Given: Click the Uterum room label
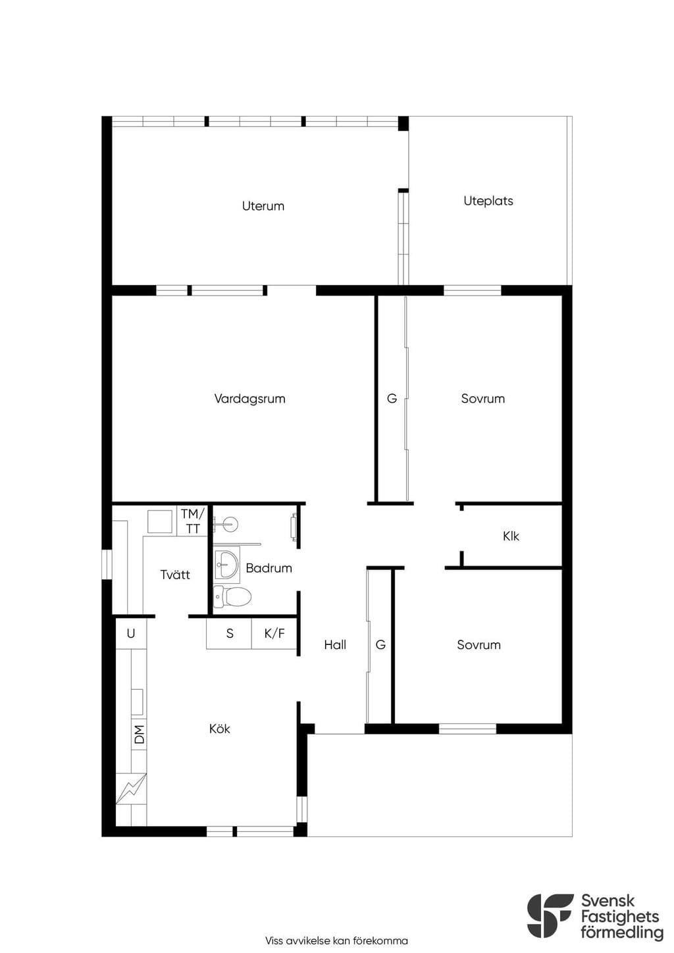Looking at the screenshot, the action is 263,206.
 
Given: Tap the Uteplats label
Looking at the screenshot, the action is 488,201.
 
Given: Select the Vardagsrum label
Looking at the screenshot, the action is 249,399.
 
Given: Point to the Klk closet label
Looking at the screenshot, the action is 511,536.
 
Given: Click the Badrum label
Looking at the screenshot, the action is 269,568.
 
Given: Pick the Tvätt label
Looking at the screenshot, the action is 175,575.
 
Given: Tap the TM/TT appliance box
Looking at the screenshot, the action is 192,521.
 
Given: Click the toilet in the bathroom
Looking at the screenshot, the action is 232,596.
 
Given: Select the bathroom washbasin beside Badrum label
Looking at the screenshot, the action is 226,564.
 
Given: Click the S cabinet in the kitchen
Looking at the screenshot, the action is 229,634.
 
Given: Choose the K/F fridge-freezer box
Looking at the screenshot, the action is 274,634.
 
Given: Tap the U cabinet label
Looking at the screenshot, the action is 130,634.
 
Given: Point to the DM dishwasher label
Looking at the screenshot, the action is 140,734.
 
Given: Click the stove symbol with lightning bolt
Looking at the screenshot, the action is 131,788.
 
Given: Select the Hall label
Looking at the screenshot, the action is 335,645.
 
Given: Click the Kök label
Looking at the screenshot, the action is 220,729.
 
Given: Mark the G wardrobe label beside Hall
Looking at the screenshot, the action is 380,645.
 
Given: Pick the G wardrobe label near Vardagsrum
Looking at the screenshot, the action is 392,399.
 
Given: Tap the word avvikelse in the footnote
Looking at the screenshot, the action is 305,941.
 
